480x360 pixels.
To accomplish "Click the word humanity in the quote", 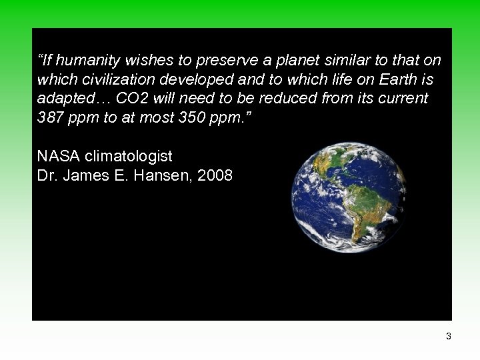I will click(x=79, y=61).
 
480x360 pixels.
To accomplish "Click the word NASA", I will click(x=59, y=157).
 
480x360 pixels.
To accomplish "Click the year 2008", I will click(x=215, y=175).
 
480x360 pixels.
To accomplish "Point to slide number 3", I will click(x=449, y=337).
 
